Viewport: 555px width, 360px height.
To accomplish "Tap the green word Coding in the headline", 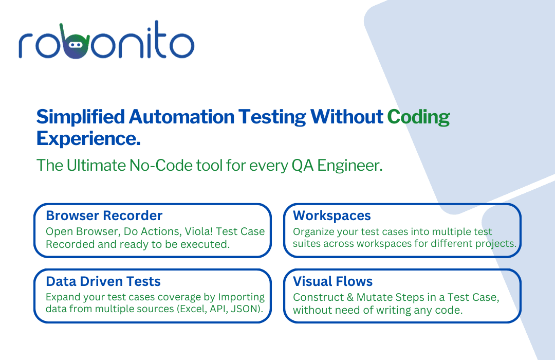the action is tap(418, 117).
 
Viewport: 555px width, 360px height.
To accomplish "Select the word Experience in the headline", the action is tap(88, 138).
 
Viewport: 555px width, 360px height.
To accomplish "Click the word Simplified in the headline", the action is tap(80, 117).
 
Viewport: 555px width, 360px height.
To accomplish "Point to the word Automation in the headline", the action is tap(181, 117).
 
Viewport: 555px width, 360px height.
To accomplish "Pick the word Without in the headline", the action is tap(346, 117).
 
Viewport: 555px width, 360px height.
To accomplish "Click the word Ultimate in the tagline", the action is tap(96, 166).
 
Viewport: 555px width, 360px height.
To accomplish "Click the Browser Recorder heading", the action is tap(104, 215).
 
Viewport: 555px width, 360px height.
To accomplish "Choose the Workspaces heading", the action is tap(331, 216).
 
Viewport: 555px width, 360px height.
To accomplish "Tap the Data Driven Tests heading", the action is tap(103, 281).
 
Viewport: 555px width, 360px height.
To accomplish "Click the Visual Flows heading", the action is tap(332, 281).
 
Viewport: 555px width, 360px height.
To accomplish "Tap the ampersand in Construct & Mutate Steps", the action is tap(350, 297).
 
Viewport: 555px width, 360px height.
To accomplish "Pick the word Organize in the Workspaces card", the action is tap(313, 232).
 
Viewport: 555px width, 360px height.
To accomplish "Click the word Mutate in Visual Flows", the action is tap(375, 297).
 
